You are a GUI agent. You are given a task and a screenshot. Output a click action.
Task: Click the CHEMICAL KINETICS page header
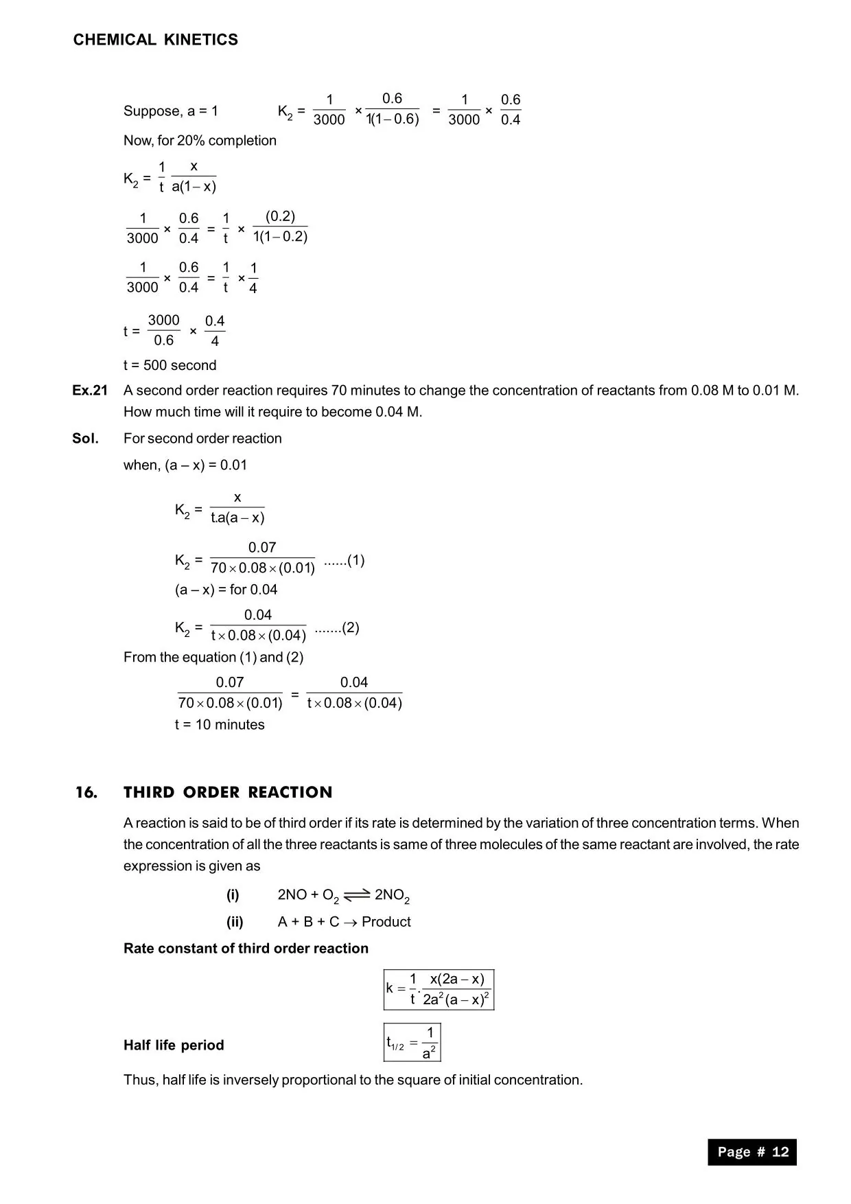(x=156, y=40)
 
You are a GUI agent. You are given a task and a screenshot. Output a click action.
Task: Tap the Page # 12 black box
(x=752, y=1152)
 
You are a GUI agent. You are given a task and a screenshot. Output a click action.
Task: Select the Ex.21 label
(x=90, y=391)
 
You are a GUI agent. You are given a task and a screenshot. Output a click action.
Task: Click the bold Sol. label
(x=85, y=439)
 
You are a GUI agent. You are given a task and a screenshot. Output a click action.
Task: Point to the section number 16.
(x=86, y=792)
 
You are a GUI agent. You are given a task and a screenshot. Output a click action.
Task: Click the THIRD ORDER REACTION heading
(x=228, y=792)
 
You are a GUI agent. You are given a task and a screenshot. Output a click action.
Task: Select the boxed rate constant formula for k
(x=439, y=989)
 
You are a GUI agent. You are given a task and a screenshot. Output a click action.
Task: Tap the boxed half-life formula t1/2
(x=412, y=1043)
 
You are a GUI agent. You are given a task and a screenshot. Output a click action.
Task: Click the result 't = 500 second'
(x=170, y=365)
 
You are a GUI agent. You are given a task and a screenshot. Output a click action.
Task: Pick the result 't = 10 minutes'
(x=220, y=725)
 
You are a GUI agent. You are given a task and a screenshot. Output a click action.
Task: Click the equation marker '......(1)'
(x=344, y=560)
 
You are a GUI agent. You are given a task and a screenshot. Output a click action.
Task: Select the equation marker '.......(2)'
(x=337, y=627)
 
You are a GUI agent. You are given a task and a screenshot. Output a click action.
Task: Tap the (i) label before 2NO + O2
(x=233, y=895)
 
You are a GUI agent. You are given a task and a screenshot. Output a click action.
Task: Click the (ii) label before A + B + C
(x=235, y=922)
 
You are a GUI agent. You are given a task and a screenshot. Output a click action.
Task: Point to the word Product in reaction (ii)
(x=386, y=922)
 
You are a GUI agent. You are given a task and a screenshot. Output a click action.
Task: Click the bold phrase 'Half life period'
(x=174, y=1045)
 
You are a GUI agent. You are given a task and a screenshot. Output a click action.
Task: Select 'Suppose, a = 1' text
(x=171, y=111)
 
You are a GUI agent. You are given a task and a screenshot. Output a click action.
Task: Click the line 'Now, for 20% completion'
(x=200, y=141)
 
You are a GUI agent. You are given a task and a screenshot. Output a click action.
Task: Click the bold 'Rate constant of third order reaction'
(x=246, y=949)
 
